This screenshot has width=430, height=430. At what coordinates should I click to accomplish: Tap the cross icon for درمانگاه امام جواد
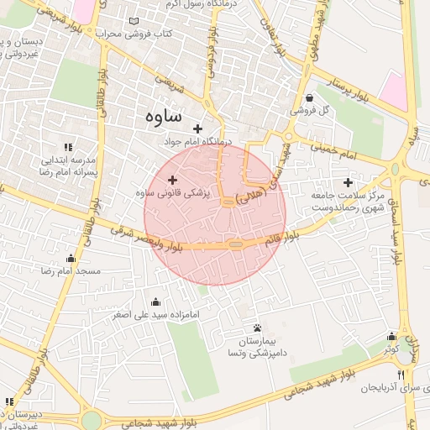[197, 128]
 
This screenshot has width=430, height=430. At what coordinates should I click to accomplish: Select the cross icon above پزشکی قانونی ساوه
[173, 179]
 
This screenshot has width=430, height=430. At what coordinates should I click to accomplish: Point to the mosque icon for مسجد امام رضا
[71, 259]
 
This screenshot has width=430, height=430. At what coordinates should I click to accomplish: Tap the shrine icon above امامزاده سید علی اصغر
[155, 302]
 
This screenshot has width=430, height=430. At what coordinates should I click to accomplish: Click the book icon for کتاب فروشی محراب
[137, 21]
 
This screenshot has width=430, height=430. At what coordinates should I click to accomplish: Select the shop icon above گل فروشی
[310, 97]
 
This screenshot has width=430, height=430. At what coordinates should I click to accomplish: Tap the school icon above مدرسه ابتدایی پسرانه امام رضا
[69, 146]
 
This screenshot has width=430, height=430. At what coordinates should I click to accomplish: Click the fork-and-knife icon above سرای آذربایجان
[401, 375]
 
